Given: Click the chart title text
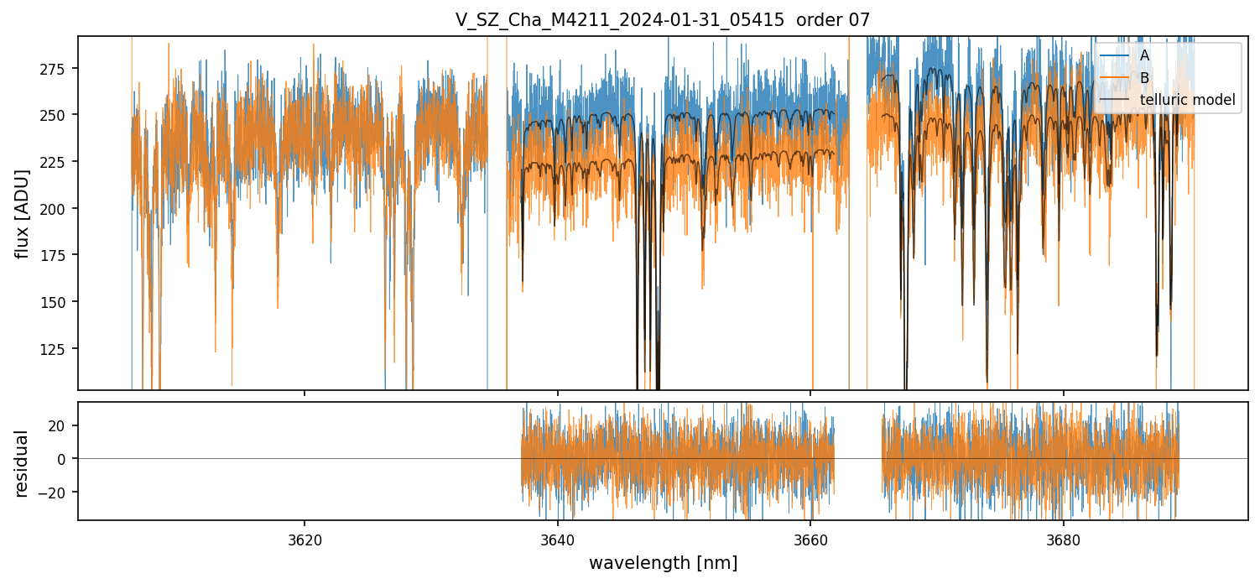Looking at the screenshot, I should (x=663, y=19).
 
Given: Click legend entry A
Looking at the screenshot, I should (x=1144, y=55).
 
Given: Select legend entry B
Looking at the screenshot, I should (x=1144, y=78).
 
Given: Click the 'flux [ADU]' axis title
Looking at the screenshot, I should (x=23, y=213).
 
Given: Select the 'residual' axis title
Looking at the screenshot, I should (x=23, y=463).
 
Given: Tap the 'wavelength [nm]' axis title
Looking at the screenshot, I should (x=663, y=563).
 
